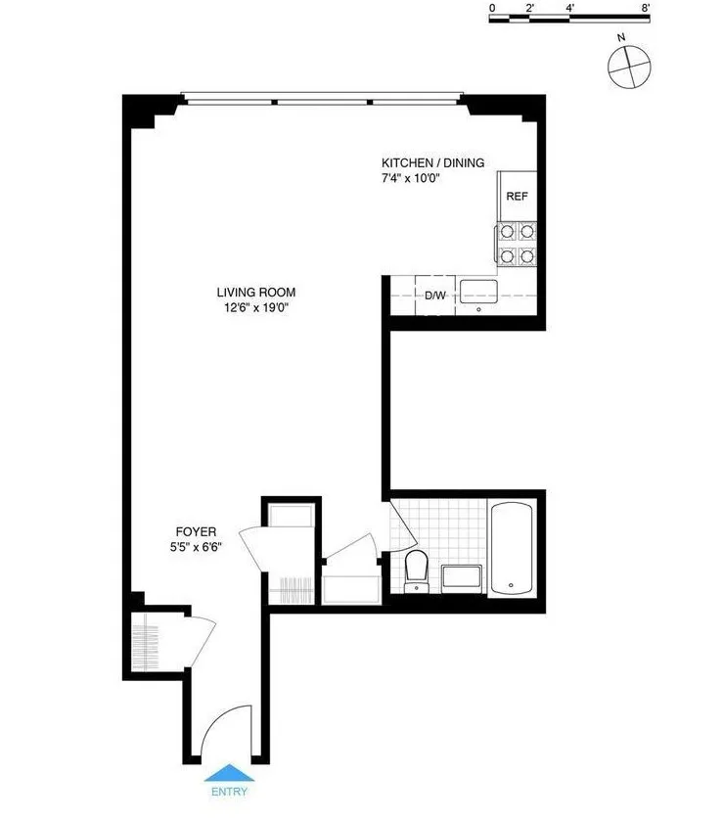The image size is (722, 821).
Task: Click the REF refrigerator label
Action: [x=517, y=196]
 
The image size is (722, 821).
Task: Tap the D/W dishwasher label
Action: [x=435, y=294]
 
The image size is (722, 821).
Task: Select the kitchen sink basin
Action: [x=479, y=290]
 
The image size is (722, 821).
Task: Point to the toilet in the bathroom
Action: [x=417, y=569]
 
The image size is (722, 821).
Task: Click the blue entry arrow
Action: [x=227, y=772]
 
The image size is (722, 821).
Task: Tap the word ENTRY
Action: [x=228, y=792]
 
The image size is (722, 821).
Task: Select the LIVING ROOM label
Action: [x=255, y=292]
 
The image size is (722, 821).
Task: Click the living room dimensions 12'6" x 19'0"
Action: [x=255, y=307]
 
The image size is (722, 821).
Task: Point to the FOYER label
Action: [x=197, y=531]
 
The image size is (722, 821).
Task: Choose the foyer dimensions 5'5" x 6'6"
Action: [x=197, y=547]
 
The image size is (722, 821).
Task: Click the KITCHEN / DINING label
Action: [x=432, y=162]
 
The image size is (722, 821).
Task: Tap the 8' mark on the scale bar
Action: [x=646, y=8]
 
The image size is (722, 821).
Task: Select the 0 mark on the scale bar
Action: [x=492, y=8]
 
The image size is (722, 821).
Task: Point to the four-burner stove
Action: [x=516, y=244]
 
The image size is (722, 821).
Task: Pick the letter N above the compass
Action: [x=621, y=38]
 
